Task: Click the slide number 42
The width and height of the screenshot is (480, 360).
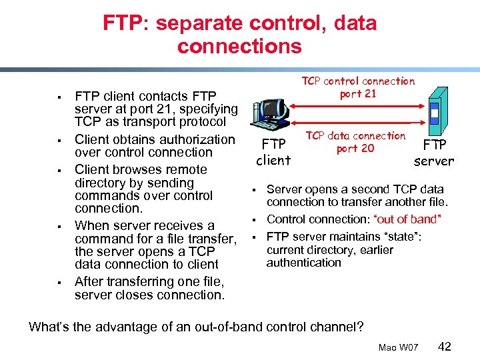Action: (x=445, y=346)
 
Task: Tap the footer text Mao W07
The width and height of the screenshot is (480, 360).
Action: (x=398, y=347)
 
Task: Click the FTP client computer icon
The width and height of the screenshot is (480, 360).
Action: (x=271, y=113)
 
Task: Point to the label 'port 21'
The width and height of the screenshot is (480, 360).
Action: (x=358, y=93)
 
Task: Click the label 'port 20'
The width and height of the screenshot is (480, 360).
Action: (x=355, y=148)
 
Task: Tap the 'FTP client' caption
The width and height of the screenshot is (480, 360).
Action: (x=273, y=152)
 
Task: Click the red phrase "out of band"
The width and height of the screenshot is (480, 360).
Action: (x=407, y=219)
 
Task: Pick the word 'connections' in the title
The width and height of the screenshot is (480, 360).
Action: (x=239, y=46)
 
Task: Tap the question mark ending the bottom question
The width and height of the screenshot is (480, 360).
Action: (x=360, y=327)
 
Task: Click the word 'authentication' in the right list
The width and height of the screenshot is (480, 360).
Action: (x=303, y=263)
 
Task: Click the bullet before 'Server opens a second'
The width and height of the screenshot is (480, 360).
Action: (x=253, y=190)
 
